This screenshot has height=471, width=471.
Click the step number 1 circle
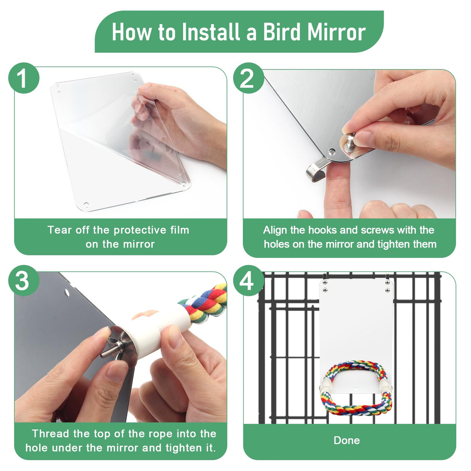click(x=24, y=78)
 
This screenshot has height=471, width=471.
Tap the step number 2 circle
click(x=248, y=78)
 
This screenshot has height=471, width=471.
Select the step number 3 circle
click(x=24, y=281)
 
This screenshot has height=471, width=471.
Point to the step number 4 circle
click(x=248, y=281)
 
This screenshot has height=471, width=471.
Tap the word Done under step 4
click(x=346, y=440)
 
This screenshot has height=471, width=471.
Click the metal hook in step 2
click(x=316, y=171)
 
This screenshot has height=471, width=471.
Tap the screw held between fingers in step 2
click(x=350, y=140)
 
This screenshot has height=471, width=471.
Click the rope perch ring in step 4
click(x=355, y=388)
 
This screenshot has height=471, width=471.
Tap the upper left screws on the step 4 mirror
click(x=325, y=287)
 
